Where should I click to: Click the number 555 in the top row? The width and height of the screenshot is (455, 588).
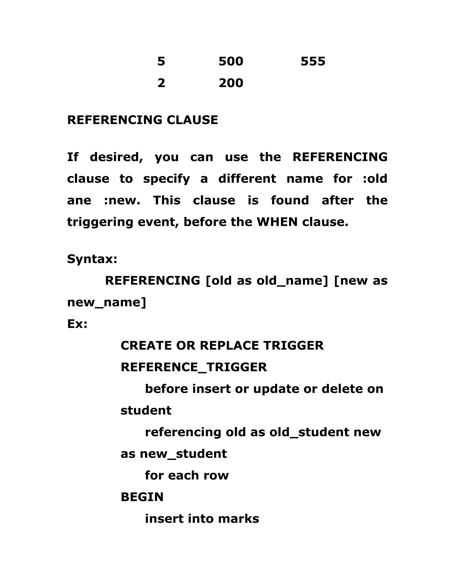tap(313, 61)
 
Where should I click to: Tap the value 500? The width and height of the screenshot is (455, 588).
tap(231, 61)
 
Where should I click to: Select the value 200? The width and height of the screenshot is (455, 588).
tap(231, 83)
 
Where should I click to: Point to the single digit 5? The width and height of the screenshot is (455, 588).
tap(161, 61)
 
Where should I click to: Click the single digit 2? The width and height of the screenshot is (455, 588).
tap(161, 83)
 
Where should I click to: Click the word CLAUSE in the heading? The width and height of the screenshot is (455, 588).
tap(192, 120)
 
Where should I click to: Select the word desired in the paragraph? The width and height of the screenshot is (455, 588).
tap(116, 157)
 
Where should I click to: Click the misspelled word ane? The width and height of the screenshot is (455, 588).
tap(79, 200)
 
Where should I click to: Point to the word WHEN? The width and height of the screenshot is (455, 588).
tap(277, 222)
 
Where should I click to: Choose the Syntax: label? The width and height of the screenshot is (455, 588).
tap(92, 259)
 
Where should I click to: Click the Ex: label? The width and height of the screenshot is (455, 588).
tap(77, 324)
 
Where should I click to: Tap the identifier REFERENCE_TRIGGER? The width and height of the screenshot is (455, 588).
tap(194, 367)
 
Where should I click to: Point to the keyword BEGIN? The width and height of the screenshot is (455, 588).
tap(142, 497)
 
